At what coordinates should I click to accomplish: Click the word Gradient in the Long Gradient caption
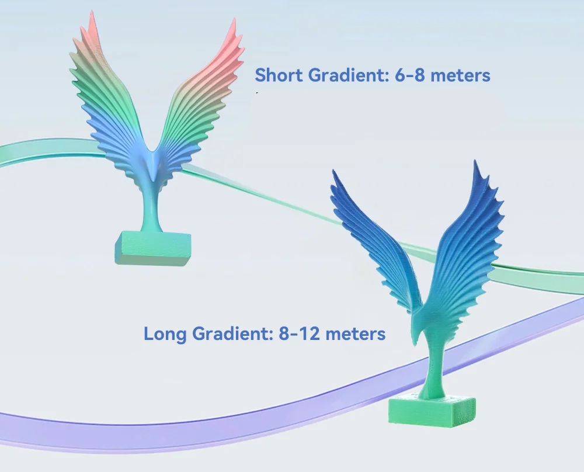click(x=224, y=334)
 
